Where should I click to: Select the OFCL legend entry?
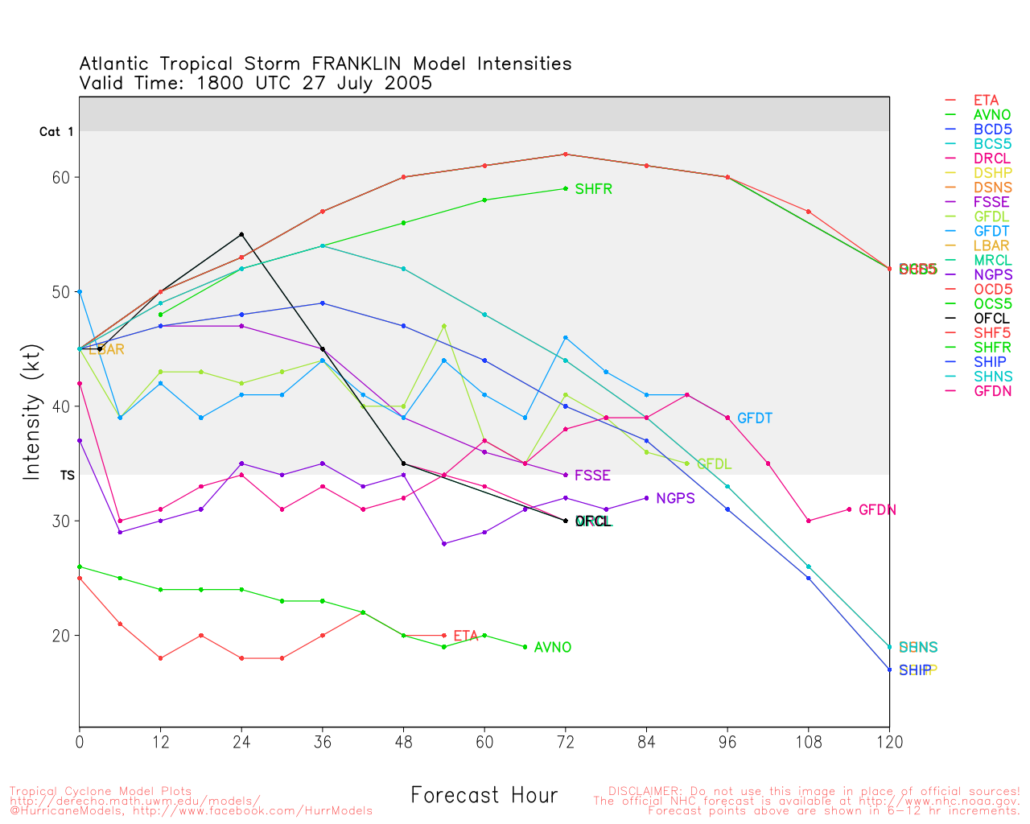click(x=991, y=319)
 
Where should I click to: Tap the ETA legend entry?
click(x=986, y=101)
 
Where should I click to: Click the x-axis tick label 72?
click(x=566, y=743)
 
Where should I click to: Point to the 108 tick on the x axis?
click(x=808, y=743)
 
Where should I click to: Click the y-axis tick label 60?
click(x=62, y=177)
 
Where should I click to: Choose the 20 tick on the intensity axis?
click(x=62, y=636)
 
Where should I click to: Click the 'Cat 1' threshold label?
click(x=56, y=132)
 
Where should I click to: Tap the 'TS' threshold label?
click(x=67, y=476)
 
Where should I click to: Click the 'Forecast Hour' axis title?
click(x=484, y=796)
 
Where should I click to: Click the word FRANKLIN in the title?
click(x=359, y=64)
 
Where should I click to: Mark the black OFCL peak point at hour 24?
click(x=241, y=234)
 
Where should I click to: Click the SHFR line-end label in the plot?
click(x=593, y=190)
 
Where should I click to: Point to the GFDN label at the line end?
click(x=877, y=510)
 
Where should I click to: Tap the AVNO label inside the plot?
click(x=553, y=648)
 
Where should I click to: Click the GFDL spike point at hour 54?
click(x=444, y=326)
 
